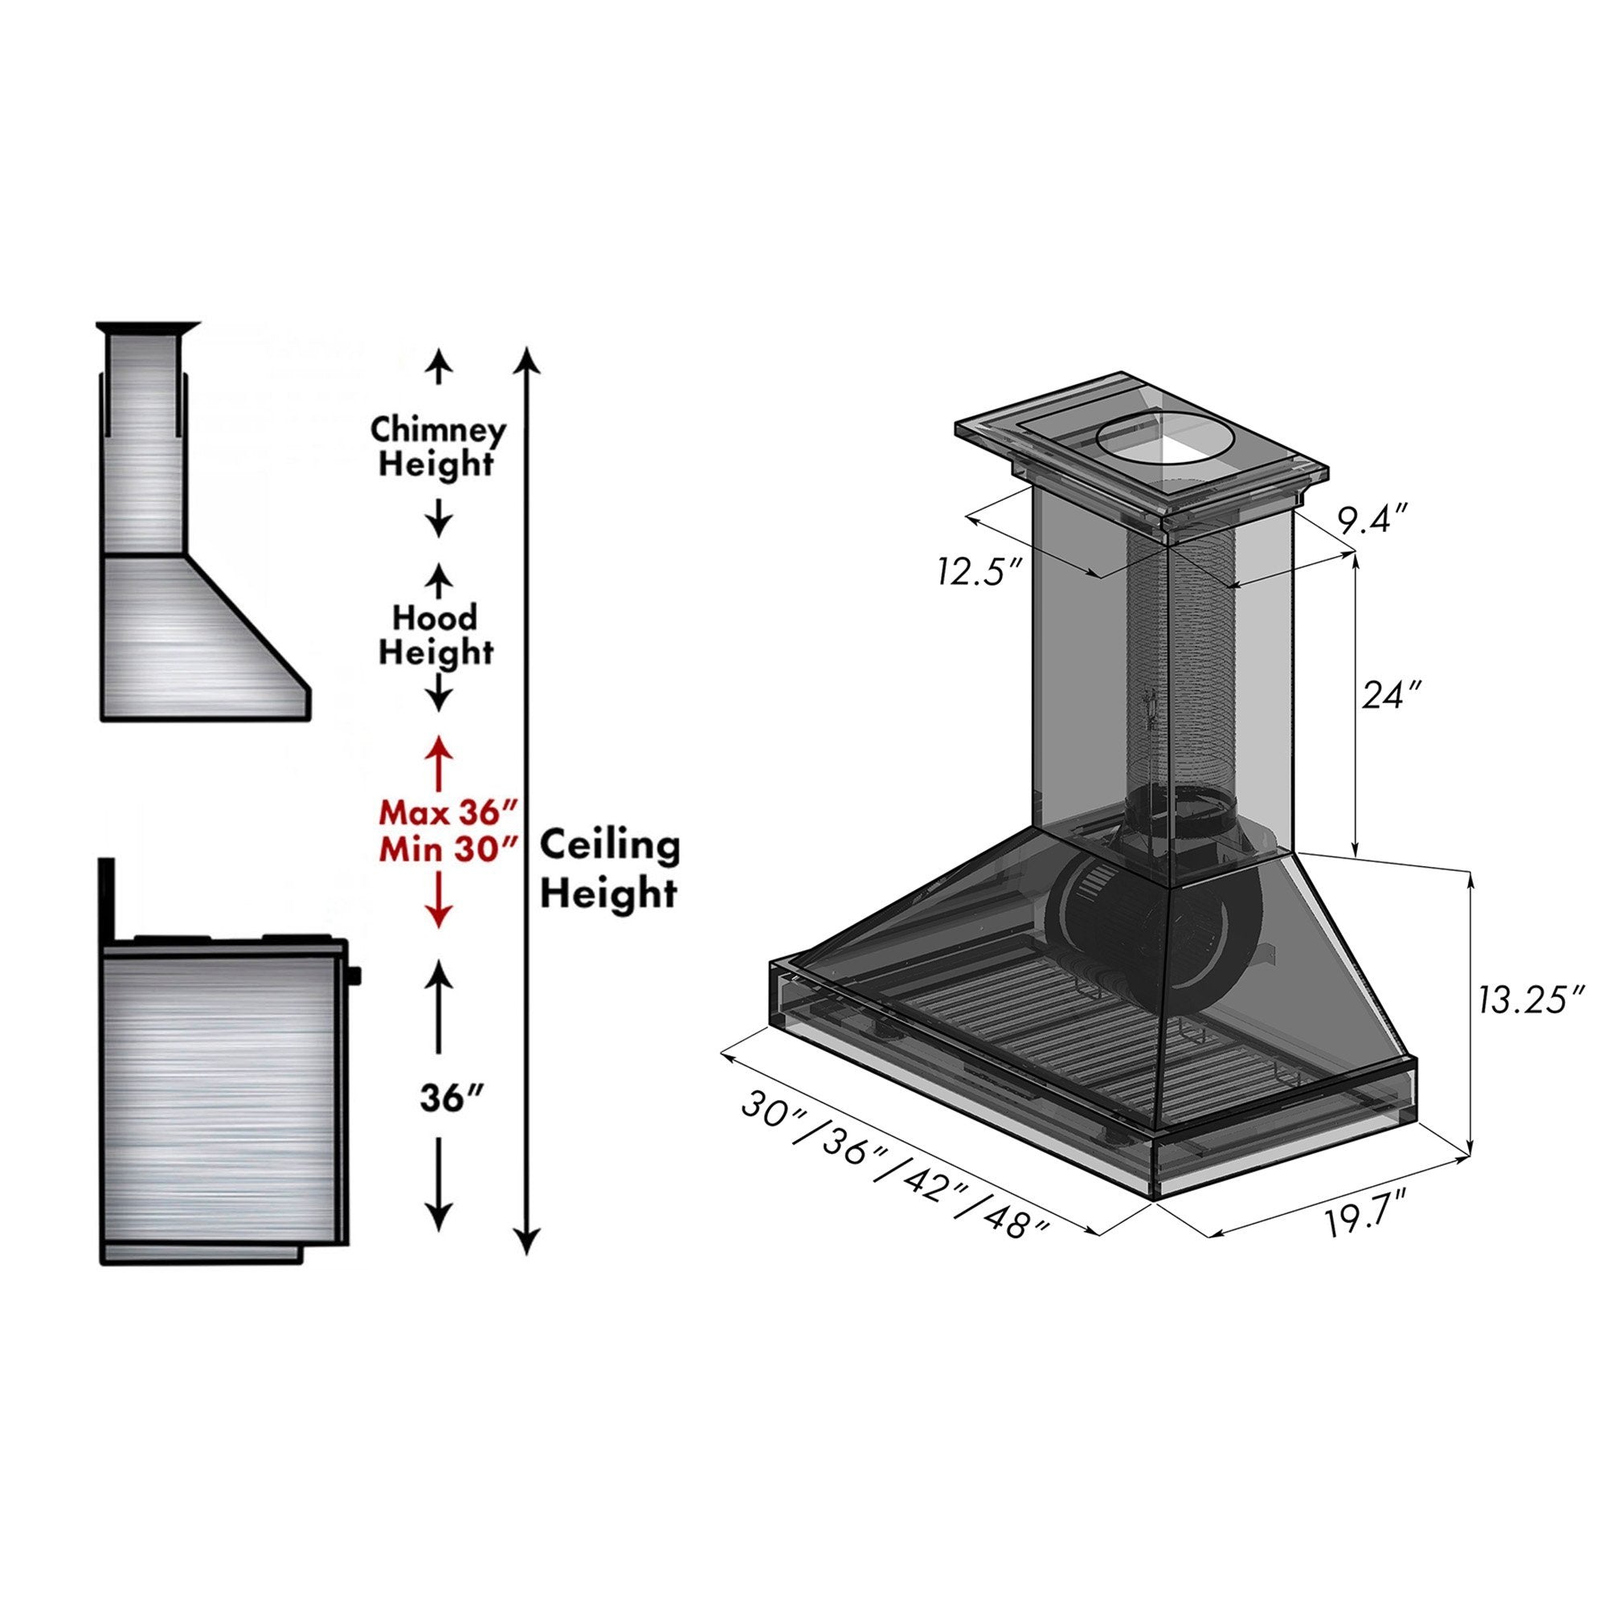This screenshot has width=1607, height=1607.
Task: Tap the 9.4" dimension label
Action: (1372, 521)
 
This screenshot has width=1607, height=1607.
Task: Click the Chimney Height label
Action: (438, 447)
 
